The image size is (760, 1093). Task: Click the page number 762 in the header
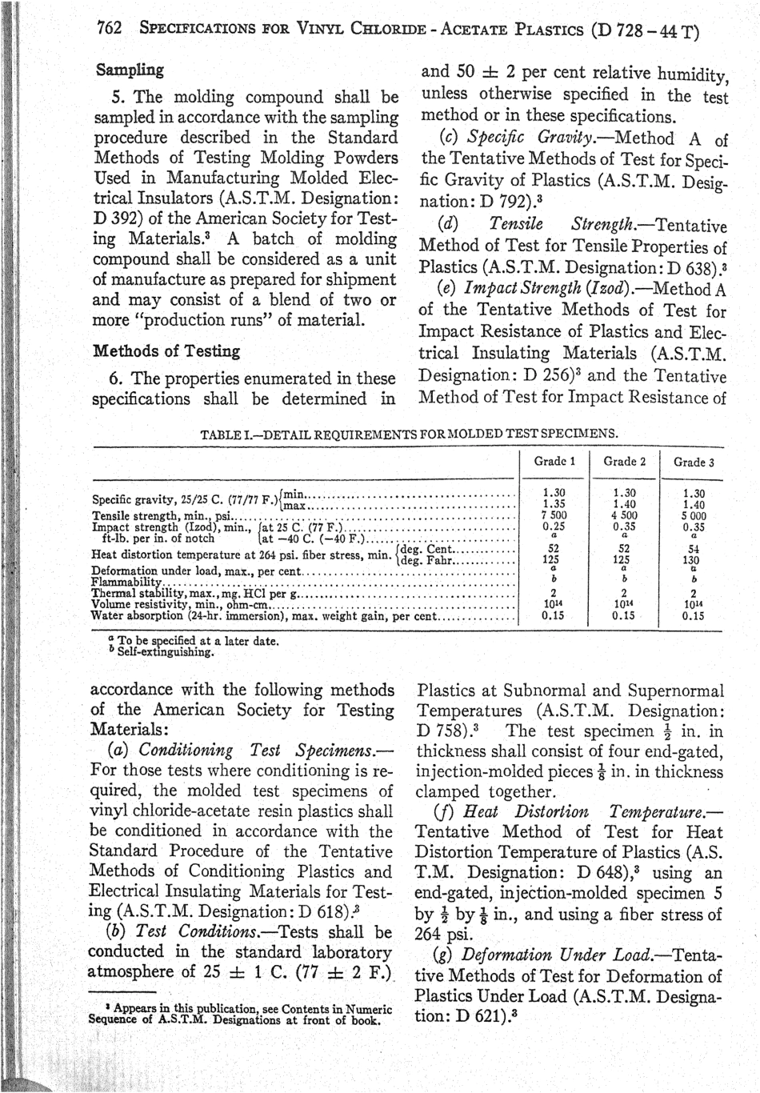click(x=109, y=29)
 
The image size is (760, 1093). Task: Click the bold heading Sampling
click(x=129, y=70)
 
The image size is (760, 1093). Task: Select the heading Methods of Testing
click(x=166, y=351)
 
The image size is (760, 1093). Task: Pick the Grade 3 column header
click(x=693, y=462)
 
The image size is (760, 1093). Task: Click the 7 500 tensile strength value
click(x=553, y=516)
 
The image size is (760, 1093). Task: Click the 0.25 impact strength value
click(x=553, y=527)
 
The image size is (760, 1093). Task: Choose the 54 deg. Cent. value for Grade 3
click(x=693, y=549)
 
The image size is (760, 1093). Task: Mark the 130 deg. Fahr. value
click(x=693, y=560)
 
